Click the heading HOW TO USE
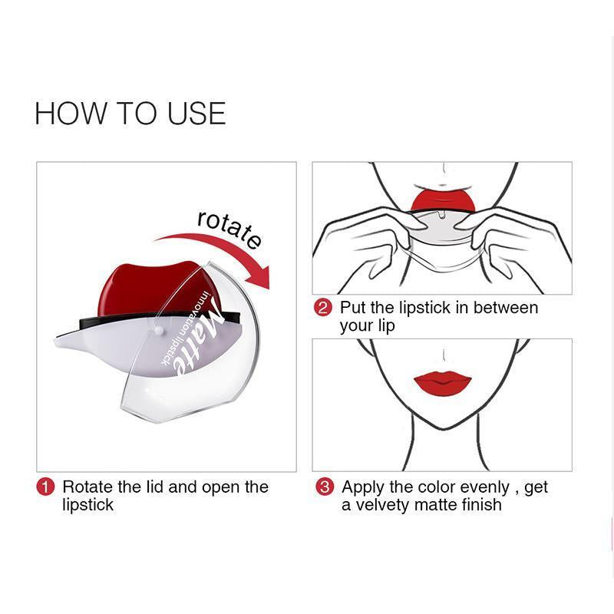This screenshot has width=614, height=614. (x=130, y=113)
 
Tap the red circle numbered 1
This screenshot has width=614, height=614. (x=45, y=487)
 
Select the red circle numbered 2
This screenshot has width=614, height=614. (x=323, y=308)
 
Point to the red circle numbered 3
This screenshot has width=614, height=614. (x=325, y=487)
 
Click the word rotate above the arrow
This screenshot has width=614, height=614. (x=229, y=229)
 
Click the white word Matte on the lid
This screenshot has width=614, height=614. (x=199, y=336)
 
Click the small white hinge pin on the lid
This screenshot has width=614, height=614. (x=159, y=331)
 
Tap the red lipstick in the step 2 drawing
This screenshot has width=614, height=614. (x=443, y=200)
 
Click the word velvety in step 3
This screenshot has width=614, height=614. (x=381, y=505)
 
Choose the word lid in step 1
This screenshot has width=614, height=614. (x=155, y=487)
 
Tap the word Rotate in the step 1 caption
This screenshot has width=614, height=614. (x=87, y=487)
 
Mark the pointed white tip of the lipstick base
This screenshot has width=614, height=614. (x=54, y=341)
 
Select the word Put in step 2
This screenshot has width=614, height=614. (x=352, y=308)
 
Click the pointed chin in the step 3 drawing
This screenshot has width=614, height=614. (x=442, y=429)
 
